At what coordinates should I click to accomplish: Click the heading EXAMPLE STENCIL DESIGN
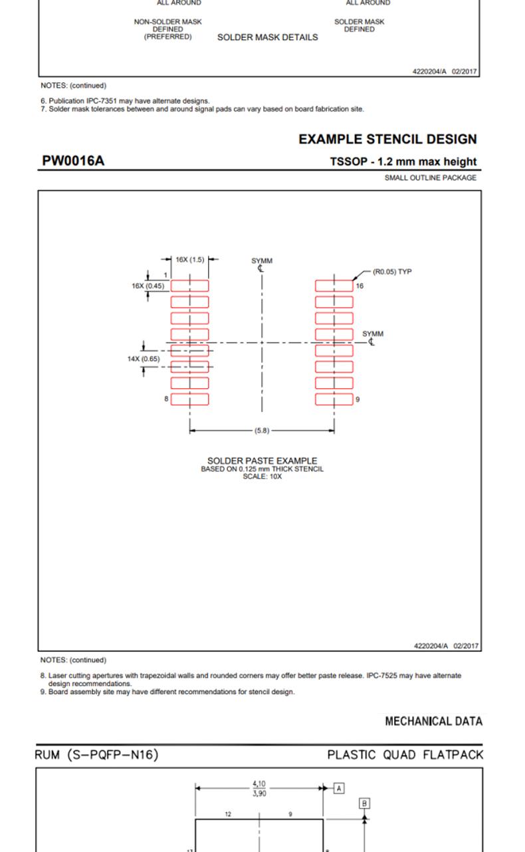(x=387, y=140)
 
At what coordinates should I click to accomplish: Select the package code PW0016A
(x=73, y=161)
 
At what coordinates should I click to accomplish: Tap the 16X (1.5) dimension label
(x=190, y=260)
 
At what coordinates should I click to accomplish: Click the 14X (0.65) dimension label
(x=144, y=359)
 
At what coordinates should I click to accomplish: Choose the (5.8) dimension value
(x=262, y=431)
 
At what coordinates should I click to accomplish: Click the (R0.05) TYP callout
(x=392, y=272)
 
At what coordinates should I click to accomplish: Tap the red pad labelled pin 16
(x=334, y=286)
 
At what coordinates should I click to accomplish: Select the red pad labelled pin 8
(x=190, y=399)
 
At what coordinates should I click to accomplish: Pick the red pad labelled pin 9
(x=334, y=399)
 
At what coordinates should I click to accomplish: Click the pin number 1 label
(x=165, y=275)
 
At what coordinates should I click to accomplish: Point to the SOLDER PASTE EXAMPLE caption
(x=262, y=461)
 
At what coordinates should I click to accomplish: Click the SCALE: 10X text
(x=262, y=477)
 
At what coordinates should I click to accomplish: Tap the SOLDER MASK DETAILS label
(x=267, y=38)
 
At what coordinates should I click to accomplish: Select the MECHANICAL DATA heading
(x=433, y=722)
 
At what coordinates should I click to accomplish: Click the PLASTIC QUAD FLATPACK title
(x=405, y=755)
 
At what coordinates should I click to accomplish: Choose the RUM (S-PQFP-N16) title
(x=96, y=755)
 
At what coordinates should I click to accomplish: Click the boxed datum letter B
(x=364, y=803)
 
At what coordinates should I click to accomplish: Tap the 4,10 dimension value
(x=259, y=784)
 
